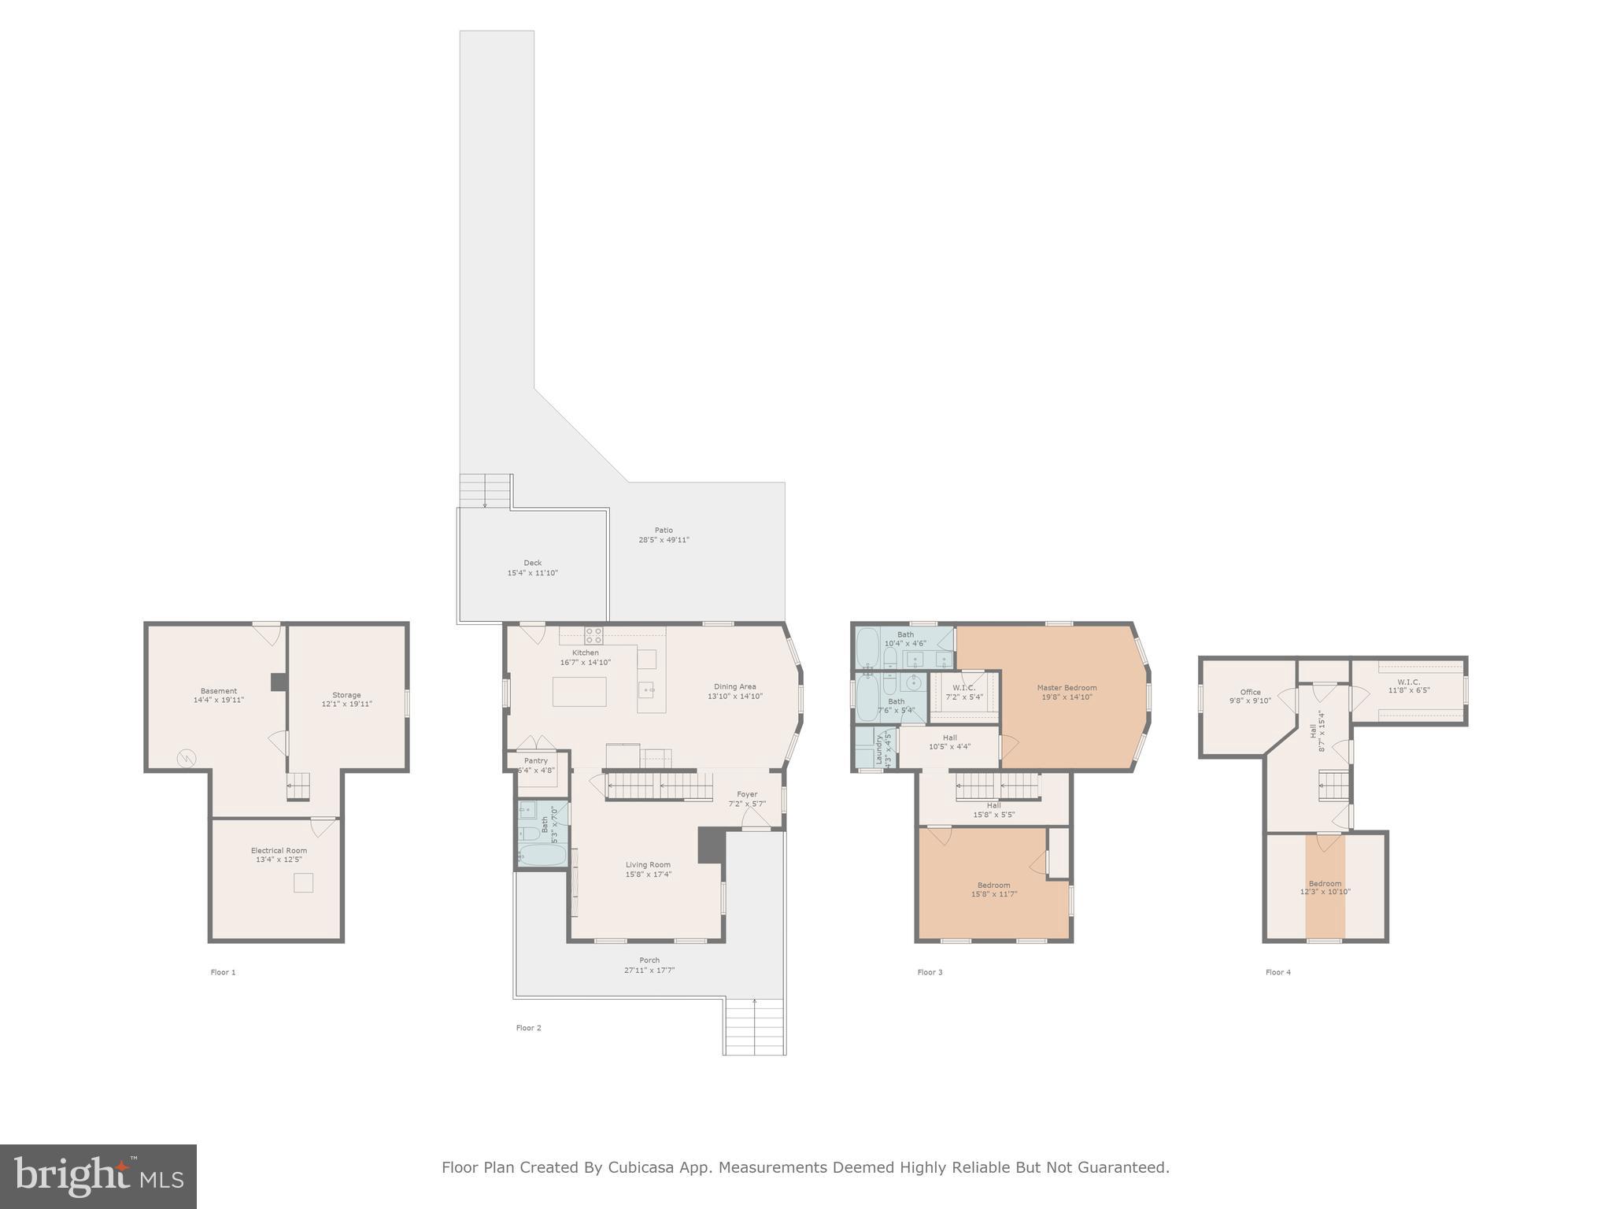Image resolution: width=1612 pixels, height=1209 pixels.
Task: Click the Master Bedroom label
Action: [1067, 688]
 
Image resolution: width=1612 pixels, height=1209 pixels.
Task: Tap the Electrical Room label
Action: [279, 850]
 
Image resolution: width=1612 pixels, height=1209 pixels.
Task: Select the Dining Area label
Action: [734, 686]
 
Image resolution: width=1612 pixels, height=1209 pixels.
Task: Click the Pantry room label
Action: [535, 760]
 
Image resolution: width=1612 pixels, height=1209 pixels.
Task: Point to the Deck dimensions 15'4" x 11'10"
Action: [532, 573]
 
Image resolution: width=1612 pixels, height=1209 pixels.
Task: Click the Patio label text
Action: [664, 530]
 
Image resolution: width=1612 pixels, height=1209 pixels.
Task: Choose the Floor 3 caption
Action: [930, 972]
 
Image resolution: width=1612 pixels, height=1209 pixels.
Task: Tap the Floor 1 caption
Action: [223, 972]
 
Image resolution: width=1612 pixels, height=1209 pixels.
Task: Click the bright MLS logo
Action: [98, 1177]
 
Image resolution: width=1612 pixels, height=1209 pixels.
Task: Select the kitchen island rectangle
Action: [579, 691]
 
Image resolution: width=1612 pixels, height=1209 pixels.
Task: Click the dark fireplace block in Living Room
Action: [710, 845]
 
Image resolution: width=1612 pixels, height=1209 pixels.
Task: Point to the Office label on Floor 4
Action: [1250, 692]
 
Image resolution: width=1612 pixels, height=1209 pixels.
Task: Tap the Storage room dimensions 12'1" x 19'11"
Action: [346, 704]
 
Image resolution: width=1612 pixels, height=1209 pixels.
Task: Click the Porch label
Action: [649, 960]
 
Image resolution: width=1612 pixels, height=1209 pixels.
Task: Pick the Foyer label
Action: [746, 794]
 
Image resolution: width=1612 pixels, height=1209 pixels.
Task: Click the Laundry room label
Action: [879, 749]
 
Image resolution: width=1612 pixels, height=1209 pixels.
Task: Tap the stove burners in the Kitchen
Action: [593, 634]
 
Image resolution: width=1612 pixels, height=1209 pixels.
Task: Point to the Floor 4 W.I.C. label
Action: [1408, 682]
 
